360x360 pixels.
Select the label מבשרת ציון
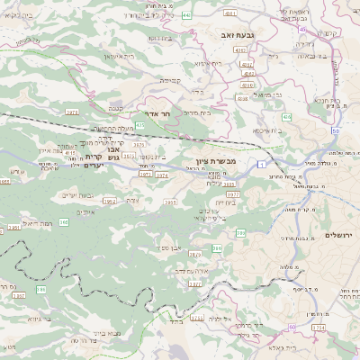click(x=213, y=159)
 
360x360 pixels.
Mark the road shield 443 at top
click(x=210, y=15)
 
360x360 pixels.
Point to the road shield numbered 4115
click(x=69, y=154)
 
